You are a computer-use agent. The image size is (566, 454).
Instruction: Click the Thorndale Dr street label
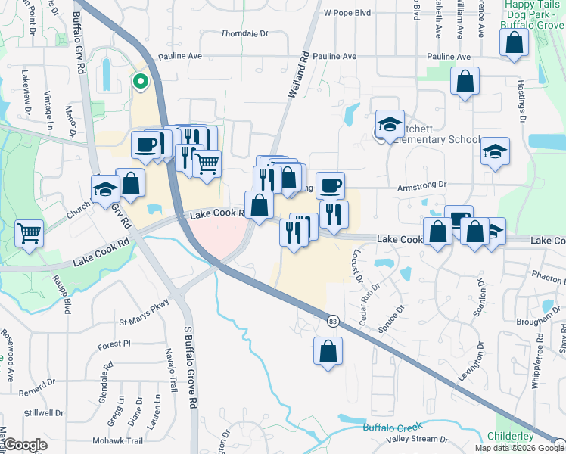click(244, 34)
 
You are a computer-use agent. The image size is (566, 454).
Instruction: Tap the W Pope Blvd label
click(347, 13)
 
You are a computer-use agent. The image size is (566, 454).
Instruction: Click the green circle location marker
click(139, 82)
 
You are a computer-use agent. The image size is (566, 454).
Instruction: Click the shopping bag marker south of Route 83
click(328, 351)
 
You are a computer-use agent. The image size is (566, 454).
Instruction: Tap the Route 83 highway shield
click(333, 322)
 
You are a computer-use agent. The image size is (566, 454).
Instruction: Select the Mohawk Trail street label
click(117, 440)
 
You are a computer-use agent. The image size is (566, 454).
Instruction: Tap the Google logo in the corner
click(25, 445)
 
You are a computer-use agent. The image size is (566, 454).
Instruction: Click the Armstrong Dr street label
click(423, 184)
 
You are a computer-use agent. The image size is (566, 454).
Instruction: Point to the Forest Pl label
click(114, 344)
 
